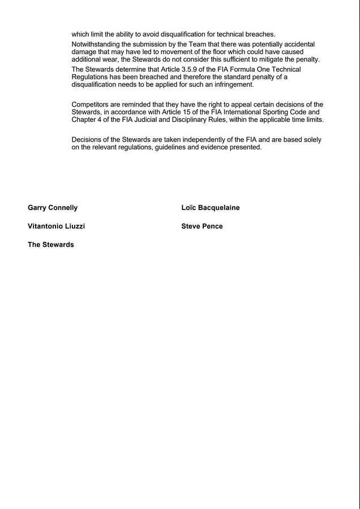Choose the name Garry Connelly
click(x=53, y=208)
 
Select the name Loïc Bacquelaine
click(x=211, y=208)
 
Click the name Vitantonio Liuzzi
click(x=56, y=226)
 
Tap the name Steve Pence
click(x=202, y=226)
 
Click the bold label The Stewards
click(x=51, y=245)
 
